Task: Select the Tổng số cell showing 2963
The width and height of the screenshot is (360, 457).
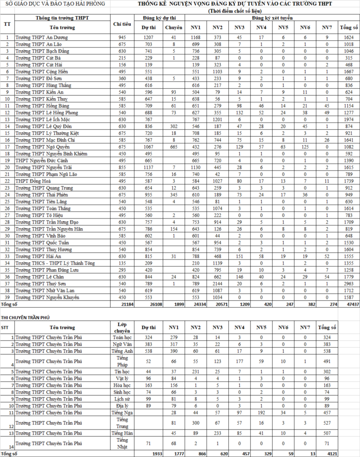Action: (349, 283)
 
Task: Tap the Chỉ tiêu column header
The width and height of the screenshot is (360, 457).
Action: (122, 24)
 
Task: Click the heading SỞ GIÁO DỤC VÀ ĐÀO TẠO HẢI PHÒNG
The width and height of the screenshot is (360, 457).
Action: (54, 4)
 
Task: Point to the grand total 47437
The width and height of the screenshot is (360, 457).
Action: (349, 304)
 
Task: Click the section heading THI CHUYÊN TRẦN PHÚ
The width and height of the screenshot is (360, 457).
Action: (26, 317)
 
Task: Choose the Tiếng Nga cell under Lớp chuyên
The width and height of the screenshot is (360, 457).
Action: (122, 413)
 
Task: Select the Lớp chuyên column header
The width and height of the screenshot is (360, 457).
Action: (122, 327)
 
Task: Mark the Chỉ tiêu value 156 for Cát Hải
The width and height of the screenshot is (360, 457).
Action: (122, 64)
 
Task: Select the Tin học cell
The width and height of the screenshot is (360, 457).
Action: (122, 372)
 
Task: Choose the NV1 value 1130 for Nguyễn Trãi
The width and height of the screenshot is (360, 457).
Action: (196, 167)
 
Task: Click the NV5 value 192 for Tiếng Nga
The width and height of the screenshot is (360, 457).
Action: (261, 413)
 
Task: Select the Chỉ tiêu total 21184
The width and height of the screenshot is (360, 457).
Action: (122, 304)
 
